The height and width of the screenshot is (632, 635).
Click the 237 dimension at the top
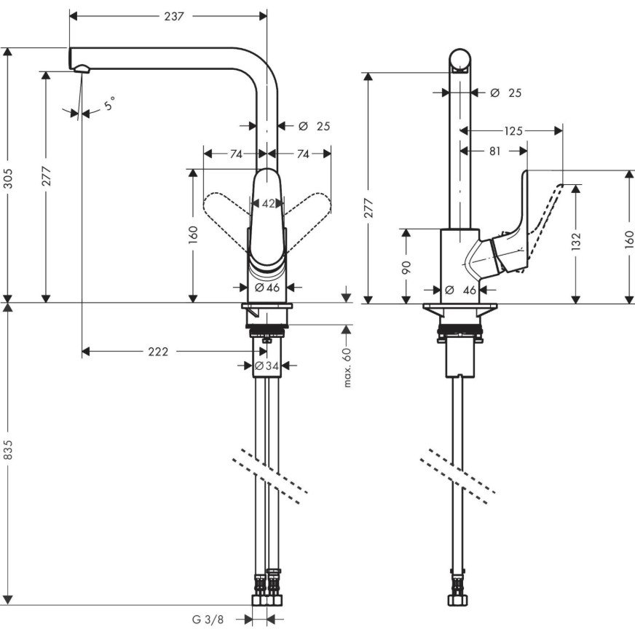174,16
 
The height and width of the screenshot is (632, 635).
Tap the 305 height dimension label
9,178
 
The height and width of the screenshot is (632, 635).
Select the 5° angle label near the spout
110,104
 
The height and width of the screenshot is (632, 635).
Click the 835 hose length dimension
9,449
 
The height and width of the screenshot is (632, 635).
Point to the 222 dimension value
158,352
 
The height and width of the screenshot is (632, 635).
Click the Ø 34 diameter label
267,366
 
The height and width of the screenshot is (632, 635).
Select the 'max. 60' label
347,367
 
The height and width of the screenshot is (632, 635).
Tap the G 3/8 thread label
208,620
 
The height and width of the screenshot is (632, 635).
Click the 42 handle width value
268,203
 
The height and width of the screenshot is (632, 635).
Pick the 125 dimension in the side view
513,131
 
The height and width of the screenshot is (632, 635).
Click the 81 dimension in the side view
495,151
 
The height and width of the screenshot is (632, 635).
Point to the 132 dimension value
576,241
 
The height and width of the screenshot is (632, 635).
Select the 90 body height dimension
406,266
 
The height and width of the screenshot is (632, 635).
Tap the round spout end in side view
460,60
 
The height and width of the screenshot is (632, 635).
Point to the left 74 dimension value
236,154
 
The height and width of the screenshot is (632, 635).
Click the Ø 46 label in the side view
460,290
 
